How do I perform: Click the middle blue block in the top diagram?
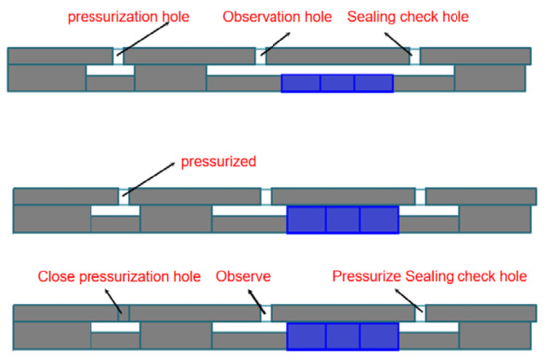coord(337,84)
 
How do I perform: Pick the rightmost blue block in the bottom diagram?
coord(379,336)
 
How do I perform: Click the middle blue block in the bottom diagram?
coord(343,336)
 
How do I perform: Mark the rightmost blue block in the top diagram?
coord(373,84)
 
